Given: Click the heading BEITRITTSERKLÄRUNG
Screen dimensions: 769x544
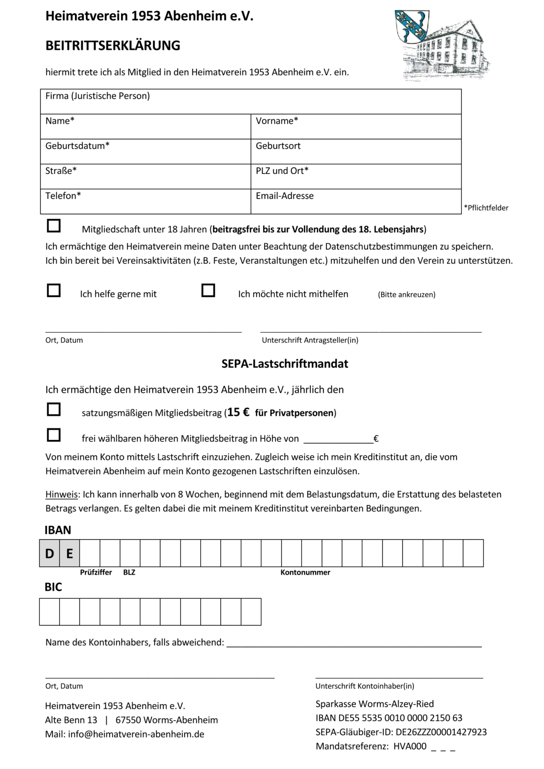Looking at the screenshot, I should point(113,45).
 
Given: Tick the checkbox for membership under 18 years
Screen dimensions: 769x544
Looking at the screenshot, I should point(54,226).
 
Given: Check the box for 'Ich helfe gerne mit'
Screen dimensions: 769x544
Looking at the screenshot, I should point(54,291).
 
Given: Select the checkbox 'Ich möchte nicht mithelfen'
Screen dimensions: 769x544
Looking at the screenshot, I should point(208,291).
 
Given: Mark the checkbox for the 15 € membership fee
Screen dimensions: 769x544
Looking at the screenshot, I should point(54,410).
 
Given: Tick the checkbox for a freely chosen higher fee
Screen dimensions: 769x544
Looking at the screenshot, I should point(54,435).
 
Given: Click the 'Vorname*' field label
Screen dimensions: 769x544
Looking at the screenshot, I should point(277,121).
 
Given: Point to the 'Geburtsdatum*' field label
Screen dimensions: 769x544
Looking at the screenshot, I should point(77,146).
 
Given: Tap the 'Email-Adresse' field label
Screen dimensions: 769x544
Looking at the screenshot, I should point(285,196).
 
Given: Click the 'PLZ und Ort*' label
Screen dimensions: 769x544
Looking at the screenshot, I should point(282,171).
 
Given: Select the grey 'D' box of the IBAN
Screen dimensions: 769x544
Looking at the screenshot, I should point(49,554).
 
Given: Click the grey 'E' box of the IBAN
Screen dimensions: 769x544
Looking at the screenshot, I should point(69,554).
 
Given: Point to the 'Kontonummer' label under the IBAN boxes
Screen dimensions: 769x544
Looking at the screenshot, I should point(305,573).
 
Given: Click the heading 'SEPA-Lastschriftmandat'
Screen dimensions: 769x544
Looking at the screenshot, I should point(285,364).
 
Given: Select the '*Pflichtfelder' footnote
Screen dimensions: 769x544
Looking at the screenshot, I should point(486,208).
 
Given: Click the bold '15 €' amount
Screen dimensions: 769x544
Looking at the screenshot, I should point(238,412).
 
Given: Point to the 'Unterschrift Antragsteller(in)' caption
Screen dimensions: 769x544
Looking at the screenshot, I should point(310,340).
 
